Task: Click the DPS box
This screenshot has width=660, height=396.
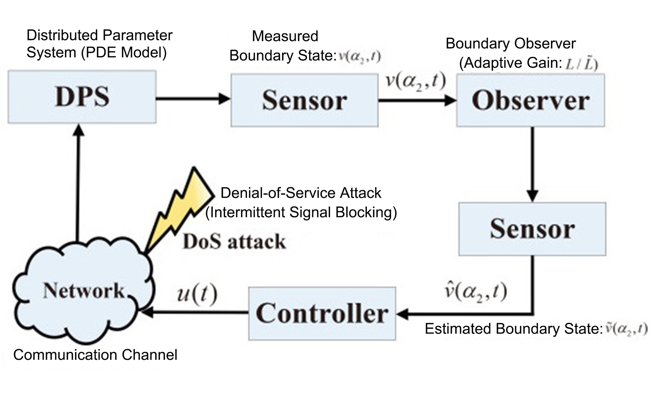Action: pyautogui.click(x=82, y=97)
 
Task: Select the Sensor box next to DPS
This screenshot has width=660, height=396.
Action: pyautogui.click(x=304, y=100)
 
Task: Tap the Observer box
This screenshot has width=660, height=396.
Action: pyautogui.click(x=530, y=100)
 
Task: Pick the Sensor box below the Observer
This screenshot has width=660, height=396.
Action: pyautogui.click(x=532, y=229)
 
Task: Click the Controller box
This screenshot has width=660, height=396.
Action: pyautogui.click(x=322, y=313)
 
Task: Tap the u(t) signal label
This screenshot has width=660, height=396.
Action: pyautogui.click(x=197, y=294)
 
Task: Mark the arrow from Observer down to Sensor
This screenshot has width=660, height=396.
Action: pyautogui.click(x=532, y=164)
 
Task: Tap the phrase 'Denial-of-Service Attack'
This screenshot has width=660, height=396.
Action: pyautogui.click(x=301, y=193)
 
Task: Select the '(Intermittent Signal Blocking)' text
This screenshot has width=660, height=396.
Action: pyautogui.click(x=301, y=213)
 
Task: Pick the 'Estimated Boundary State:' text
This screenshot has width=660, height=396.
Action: pyautogui.click(x=514, y=329)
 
